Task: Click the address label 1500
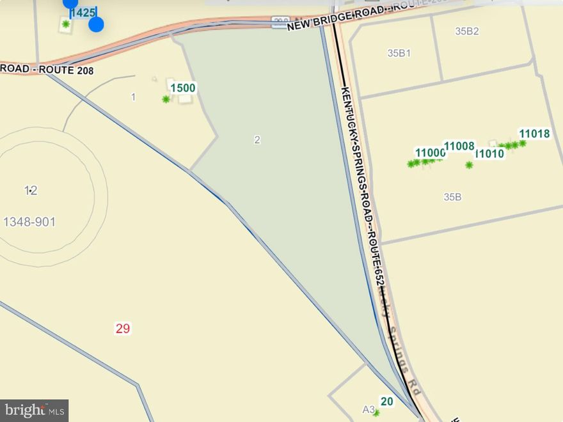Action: [183, 88]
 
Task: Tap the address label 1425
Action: [83, 12]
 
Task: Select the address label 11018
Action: [534, 134]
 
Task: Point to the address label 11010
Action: [491, 153]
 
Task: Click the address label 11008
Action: [459, 146]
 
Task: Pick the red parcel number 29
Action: [123, 329]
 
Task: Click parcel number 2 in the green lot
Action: [257, 139]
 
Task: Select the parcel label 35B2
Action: [467, 31]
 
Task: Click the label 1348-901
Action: [29, 222]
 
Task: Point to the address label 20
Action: [386, 402]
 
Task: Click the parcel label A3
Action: [369, 409]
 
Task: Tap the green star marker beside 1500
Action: [166, 99]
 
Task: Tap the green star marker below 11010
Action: [469, 165]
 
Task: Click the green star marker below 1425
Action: [65, 24]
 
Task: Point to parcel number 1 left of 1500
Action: [133, 97]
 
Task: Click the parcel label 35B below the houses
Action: [452, 197]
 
